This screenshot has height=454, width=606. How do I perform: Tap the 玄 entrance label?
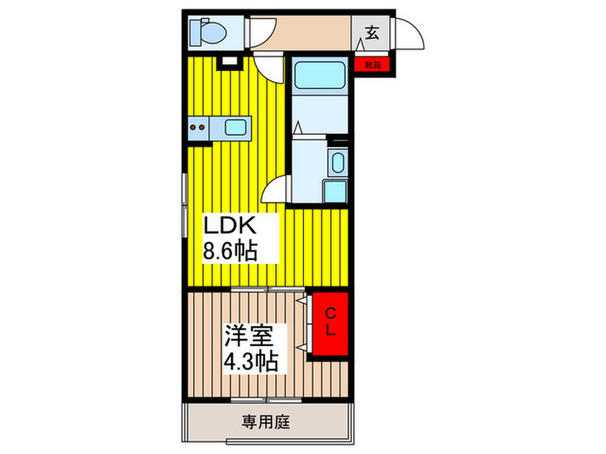(x=371, y=34)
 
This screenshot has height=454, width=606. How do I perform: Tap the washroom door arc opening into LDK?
(x=275, y=189)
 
